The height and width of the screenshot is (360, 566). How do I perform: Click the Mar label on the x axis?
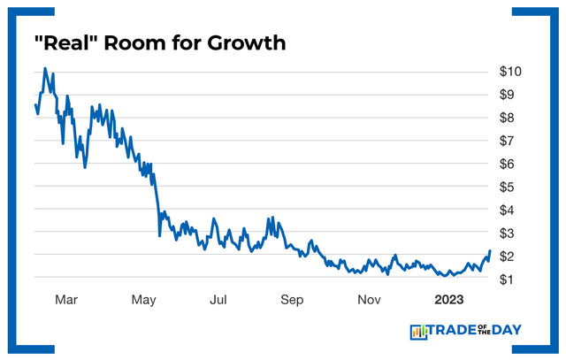pyautogui.click(x=66, y=300)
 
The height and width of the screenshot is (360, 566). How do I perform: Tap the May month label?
pyautogui.click(x=143, y=300)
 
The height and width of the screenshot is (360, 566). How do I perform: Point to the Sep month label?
pyautogui.click(x=293, y=300)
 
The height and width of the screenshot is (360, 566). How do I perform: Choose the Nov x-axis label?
pyautogui.click(x=369, y=300)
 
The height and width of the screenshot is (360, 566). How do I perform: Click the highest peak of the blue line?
pyautogui.click(x=45, y=68)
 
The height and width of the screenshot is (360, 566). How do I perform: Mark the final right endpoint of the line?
pyautogui.click(x=489, y=251)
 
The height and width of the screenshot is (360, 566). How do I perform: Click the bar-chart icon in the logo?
pyautogui.click(x=418, y=332)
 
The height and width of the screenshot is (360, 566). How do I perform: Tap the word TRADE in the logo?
pyautogui.click(x=455, y=331)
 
